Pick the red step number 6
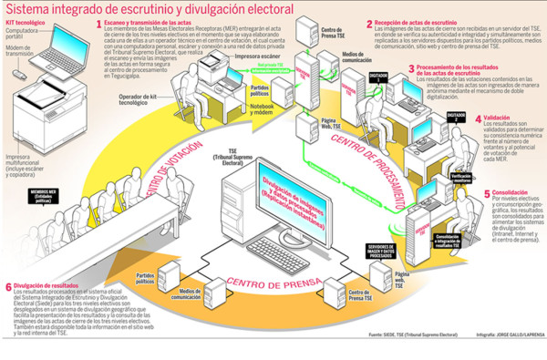point(9,285)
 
